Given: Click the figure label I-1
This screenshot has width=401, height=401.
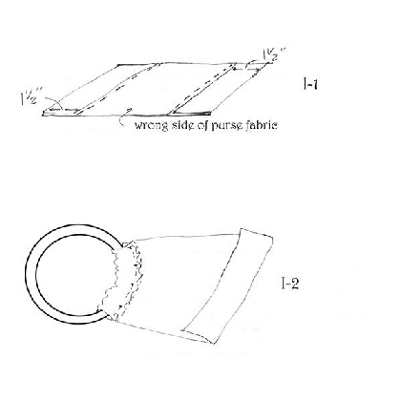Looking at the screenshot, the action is [x=309, y=84].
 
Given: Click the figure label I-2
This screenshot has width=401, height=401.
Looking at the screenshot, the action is [x=290, y=283].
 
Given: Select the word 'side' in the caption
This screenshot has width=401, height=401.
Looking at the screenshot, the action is [x=183, y=124].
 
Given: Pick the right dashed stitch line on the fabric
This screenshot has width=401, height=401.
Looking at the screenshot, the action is [x=202, y=89].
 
